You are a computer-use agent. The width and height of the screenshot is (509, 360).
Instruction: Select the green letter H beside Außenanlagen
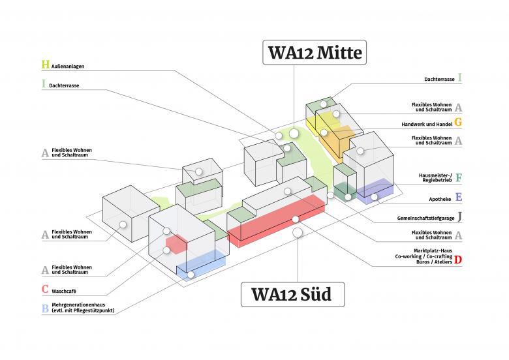(x=45, y=65)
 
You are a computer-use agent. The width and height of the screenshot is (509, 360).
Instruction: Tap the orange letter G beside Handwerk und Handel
(x=458, y=123)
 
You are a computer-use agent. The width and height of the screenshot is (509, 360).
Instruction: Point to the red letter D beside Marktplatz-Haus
(x=458, y=260)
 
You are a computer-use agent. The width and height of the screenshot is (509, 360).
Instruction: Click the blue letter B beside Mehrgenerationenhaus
(x=45, y=308)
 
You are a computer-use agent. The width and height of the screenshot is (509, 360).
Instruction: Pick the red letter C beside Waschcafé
(x=45, y=289)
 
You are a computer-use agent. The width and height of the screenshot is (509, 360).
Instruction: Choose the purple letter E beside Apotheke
(x=459, y=197)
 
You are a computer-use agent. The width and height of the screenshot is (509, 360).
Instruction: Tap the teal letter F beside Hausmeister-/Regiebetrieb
(x=459, y=177)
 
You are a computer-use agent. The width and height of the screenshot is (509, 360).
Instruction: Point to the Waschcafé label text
(x=65, y=290)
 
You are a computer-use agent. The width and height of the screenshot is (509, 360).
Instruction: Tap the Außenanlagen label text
(x=69, y=67)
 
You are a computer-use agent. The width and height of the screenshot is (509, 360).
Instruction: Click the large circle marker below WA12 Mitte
(x=294, y=134)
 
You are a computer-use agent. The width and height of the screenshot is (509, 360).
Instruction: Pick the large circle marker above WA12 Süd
(x=298, y=232)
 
